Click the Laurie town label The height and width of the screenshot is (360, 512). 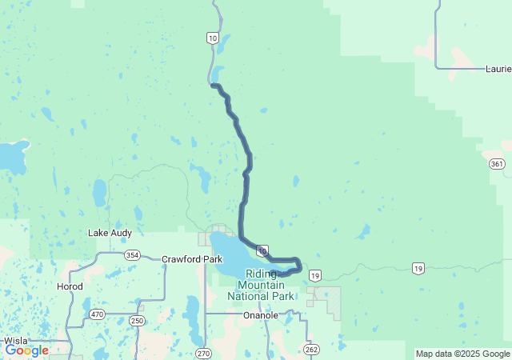[498, 69]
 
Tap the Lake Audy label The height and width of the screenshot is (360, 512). [110, 233]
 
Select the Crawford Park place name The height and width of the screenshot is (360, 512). [192, 259]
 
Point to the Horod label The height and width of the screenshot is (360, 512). [70, 286]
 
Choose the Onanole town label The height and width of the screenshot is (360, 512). [261, 315]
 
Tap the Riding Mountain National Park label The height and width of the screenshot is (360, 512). [261, 284]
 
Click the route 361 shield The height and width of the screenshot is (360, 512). [498, 163]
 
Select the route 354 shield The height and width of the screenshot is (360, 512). [133, 254]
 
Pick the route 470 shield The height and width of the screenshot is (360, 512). [98, 314]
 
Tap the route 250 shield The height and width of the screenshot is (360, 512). [137, 321]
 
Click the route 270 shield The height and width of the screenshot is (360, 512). [203, 353]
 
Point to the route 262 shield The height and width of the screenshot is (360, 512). [311, 349]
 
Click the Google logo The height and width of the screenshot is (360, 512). [26, 350]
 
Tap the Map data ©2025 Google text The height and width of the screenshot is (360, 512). [462, 354]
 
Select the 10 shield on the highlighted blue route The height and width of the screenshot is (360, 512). [262, 250]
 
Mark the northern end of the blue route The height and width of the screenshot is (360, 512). [213, 86]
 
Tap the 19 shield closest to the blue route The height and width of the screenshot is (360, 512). [315, 275]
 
